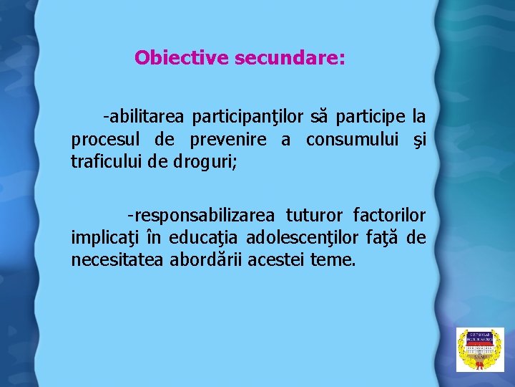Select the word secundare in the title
pos(290,57)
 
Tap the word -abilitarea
pos(143,115)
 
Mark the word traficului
pos(107,162)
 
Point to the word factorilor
pos(389,215)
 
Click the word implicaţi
pos(101,238)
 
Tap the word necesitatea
pos(118,261)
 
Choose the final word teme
pos(333,261)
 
